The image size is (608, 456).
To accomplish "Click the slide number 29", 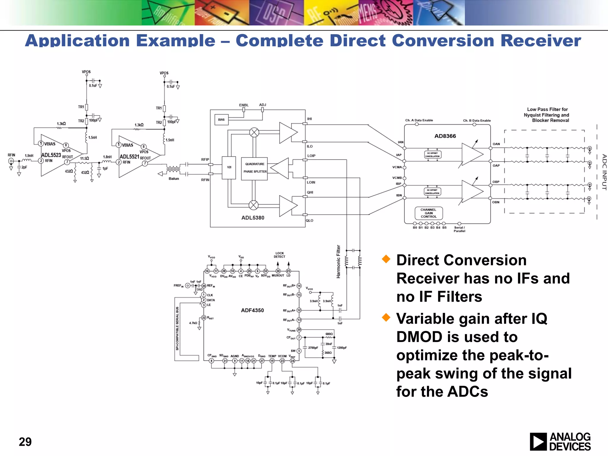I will click(25, 442).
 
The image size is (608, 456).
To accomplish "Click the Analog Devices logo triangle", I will click(538, 442).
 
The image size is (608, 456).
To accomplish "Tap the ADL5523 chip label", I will click(51, 155).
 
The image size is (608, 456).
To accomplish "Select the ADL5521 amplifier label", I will click(129, 156).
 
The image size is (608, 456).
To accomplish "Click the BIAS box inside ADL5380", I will click(221, 120).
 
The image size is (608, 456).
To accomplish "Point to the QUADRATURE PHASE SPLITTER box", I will click(254, 168).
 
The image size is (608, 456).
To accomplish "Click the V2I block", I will click(229, 167).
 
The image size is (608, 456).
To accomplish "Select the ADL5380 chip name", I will click(253, 218).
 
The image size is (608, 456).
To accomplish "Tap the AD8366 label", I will click(445, 136).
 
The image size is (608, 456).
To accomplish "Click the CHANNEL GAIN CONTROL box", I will click(428, 213).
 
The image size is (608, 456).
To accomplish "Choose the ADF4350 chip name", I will click(252, 310).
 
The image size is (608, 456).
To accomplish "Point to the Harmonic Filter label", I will click(338, 262).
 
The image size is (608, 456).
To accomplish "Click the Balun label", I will click(174, 178).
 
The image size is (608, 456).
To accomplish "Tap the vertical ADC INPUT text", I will click(604, 172).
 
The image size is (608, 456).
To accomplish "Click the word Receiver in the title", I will click(541, 40).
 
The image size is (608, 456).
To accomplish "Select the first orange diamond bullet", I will click(386, 259).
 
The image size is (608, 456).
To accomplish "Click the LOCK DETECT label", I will click(279, 255).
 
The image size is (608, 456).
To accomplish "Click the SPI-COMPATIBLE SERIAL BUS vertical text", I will click(177, 328).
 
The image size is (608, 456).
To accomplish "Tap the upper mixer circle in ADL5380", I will click(254, 132).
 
